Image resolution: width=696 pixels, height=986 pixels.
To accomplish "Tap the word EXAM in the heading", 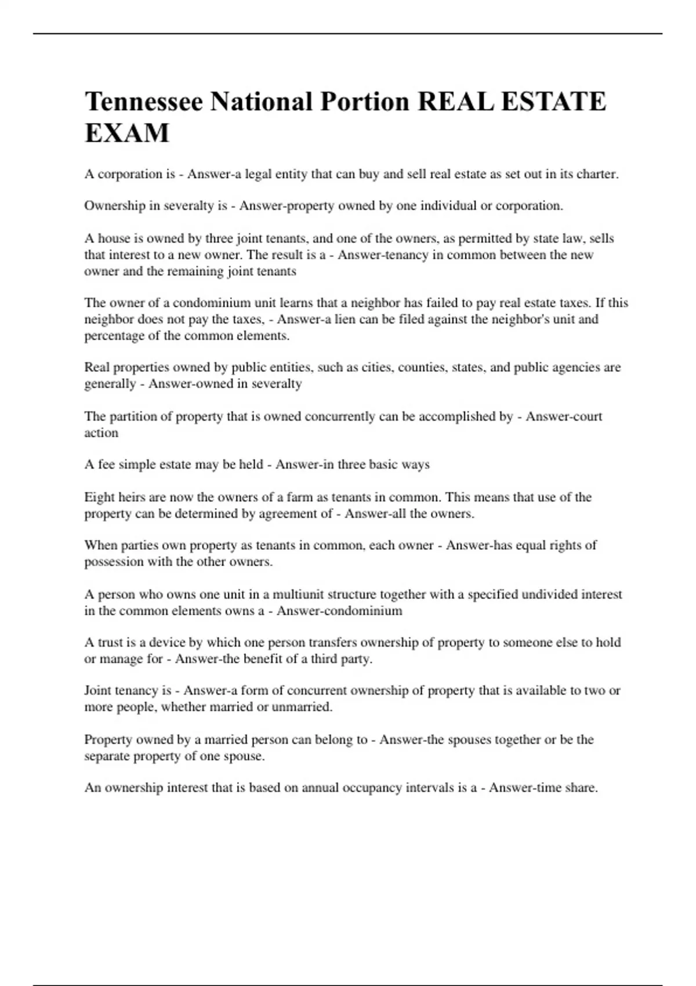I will coord(127,133).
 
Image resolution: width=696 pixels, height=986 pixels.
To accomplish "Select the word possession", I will coord(114,561).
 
